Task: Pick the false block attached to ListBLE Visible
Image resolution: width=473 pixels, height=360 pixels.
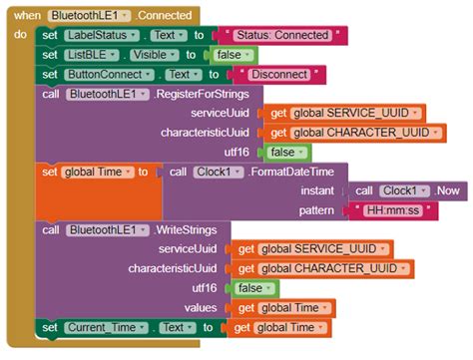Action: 235,55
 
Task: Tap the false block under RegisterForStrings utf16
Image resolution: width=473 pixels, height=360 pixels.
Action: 283,152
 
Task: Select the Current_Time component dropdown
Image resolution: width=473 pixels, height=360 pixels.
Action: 104,327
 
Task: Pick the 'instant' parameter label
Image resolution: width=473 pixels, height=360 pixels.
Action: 321,190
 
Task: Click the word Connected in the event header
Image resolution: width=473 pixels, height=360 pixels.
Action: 169,16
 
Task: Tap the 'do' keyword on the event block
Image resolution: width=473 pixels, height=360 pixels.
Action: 21,35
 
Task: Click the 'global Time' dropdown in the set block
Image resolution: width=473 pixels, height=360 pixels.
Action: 97,172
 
